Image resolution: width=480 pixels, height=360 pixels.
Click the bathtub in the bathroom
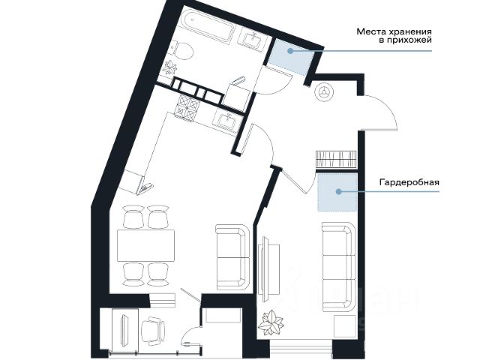(207, 25)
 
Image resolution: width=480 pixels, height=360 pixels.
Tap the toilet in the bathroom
(182, 50)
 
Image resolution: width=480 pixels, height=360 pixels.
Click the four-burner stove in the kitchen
(187, 107)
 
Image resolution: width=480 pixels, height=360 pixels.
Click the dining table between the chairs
(145, 245)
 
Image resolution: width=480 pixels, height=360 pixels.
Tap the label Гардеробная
(409, 182)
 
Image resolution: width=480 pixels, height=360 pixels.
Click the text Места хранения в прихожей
(394, 35)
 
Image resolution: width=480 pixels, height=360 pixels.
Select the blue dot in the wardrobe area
(338, 192)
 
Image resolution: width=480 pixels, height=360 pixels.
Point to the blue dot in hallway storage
(290, 51)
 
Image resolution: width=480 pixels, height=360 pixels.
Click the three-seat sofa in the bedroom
(339, 267)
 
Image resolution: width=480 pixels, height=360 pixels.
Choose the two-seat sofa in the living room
(232, 257)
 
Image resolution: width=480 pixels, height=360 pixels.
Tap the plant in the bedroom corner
(271, 324)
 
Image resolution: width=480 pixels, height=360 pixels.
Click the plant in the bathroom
(170, 67)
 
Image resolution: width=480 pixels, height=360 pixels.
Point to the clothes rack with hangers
(336, 159)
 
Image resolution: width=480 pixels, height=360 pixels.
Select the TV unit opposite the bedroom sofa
(268, 269)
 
